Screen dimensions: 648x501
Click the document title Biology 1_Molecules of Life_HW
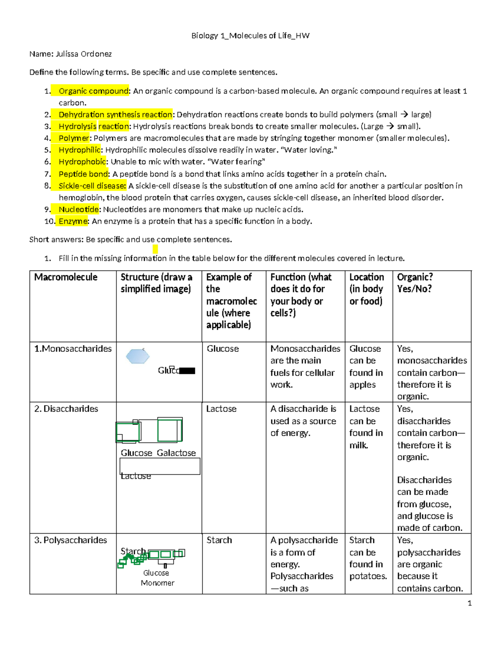(250, 36)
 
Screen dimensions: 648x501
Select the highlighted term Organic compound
(94, 91)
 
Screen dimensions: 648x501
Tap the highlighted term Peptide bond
(84, 174)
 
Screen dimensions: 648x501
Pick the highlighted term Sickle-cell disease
(92, 186)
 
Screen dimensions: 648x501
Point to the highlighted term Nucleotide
(79, 209)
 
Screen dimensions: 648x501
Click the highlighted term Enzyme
(73, 221)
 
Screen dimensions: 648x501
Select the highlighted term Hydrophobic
(82, 162)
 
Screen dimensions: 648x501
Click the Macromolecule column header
(66, 277)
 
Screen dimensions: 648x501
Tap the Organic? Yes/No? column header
(415, 283)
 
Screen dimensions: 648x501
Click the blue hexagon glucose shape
(138, 356)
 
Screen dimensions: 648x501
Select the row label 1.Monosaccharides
(73, 349)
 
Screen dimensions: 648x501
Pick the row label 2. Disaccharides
(66, 409)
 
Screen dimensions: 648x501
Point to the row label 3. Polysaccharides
(71, 540)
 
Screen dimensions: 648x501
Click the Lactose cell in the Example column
(221, 409)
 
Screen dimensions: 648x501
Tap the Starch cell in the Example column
(219, 540)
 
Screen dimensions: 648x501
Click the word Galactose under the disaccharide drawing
(176, 453)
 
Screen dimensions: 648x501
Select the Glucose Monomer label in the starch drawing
(157, 578)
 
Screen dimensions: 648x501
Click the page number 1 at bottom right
(470, 603)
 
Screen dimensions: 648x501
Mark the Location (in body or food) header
(367, 289)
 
